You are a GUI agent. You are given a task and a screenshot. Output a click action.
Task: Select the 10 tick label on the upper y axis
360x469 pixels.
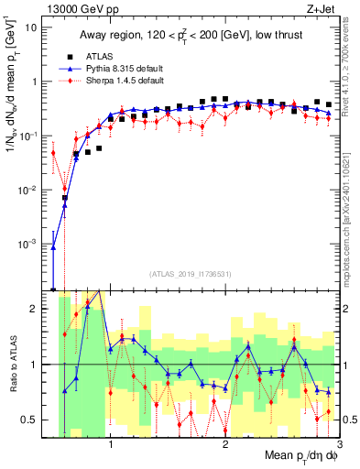coord(32,27)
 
